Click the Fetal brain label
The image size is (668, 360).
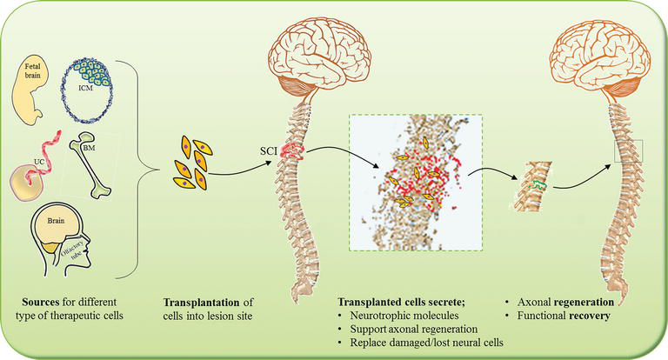pyautogui.click(x=32, y=70)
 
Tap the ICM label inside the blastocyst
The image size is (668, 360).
pyautogui.click(x=85, y=88)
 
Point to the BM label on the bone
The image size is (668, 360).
pyautogui.click(x=89, y=148)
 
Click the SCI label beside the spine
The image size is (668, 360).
pyautogui.click(x=269, y=150)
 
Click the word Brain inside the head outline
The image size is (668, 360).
pyautogui.click(x=56, y=221)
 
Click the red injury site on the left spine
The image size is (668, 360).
pyautogui.click(x=292, y=151)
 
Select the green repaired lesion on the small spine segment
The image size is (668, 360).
pyautogui.click(x=537, y=185)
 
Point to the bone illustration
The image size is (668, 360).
pyautogui.click(x=90, y=164)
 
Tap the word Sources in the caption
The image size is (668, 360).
pyautogui.click(x=41, y=302)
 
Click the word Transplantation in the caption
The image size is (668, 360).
pyautogui.click(x=202, y=303)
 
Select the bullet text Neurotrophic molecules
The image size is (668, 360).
pyautogui.click(x=404, y=316)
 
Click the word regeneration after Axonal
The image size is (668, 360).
pyautogui.click(x=584, y=302)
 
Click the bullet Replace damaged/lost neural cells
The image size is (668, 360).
pyautogui.click(x=426, y=343)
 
